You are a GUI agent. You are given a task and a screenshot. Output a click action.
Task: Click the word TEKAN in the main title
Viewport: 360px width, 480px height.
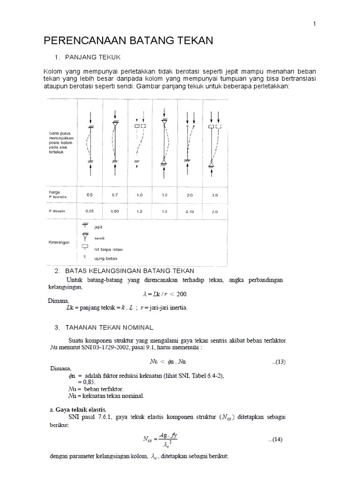(x=193, y=41)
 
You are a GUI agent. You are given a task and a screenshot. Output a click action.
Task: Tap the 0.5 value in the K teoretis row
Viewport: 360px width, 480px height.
(x=90, y=195)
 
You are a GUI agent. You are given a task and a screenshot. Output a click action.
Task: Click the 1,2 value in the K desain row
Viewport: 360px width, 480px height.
(x=140, y=211)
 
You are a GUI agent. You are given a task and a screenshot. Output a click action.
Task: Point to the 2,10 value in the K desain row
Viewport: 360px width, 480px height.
(x=190, y=211)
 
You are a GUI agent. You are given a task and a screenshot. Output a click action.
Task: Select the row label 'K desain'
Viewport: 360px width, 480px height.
(x=57, y=211)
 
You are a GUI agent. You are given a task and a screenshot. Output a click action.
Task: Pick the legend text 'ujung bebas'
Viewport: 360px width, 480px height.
(x=106, y=259)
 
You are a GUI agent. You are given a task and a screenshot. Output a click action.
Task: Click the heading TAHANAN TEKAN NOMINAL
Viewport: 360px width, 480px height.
(x=110, y=326)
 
